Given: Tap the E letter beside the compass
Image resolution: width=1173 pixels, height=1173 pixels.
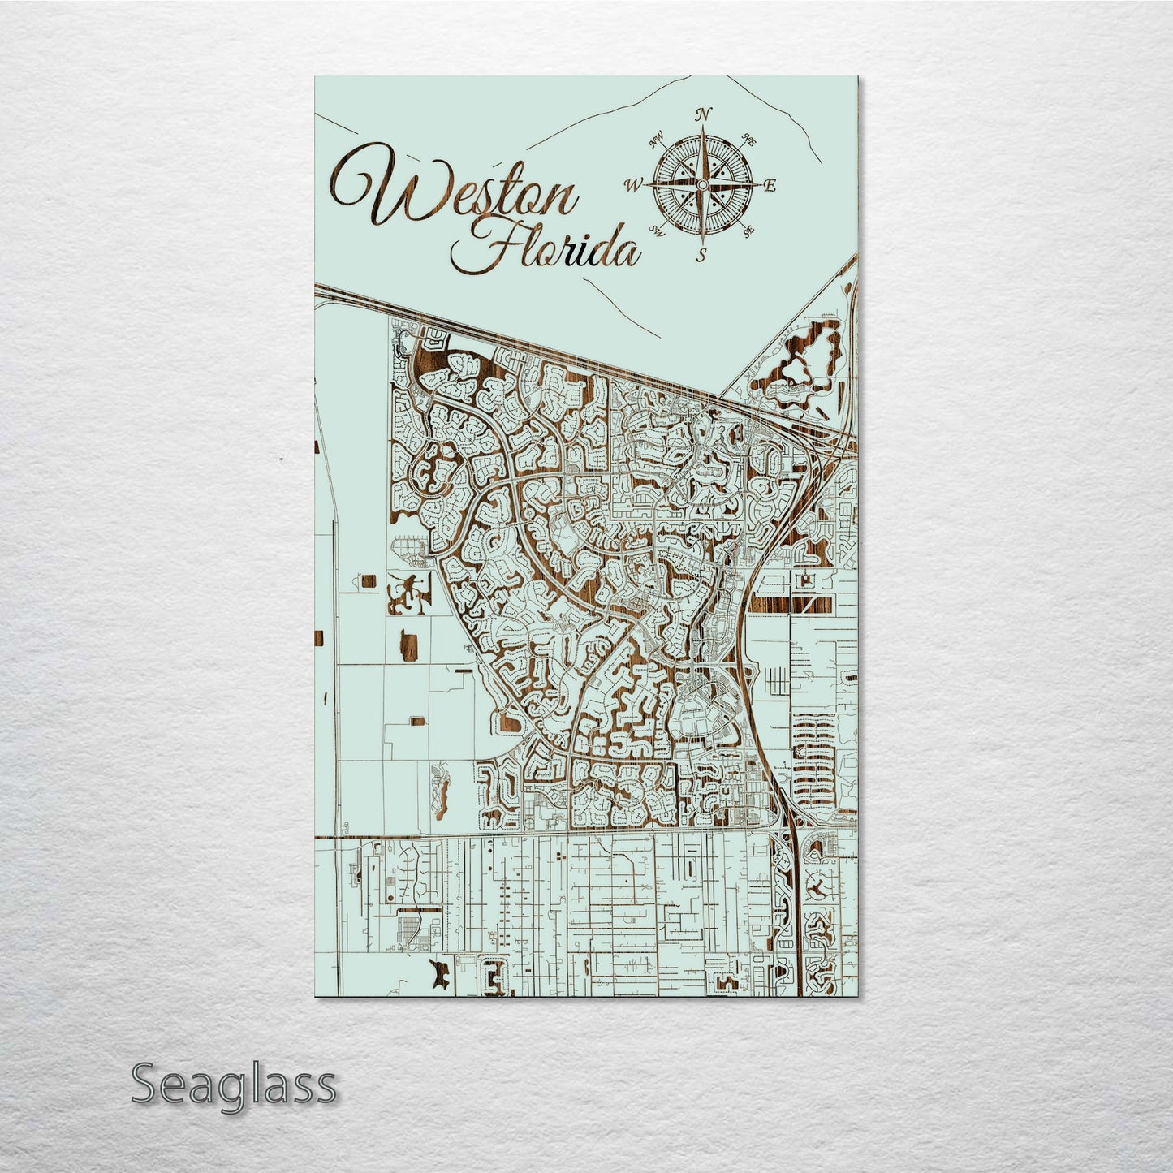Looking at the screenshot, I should tap(770, 185).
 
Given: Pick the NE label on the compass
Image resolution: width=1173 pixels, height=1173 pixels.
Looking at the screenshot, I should tap(750, 141).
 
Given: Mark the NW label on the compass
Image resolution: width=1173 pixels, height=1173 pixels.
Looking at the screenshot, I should tap(656, 143).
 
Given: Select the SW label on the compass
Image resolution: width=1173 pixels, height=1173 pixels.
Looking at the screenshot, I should tap(658, 231).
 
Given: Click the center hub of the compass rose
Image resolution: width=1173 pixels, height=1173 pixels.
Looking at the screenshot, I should tap(702, 184).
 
